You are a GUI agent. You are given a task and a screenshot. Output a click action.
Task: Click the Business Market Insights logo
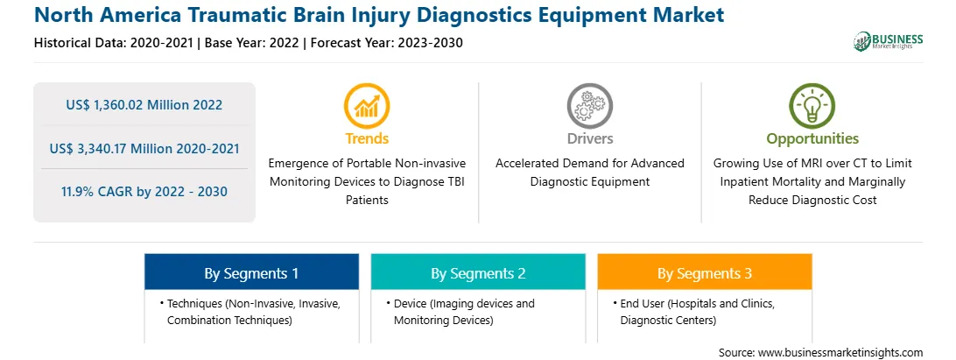point(889,41)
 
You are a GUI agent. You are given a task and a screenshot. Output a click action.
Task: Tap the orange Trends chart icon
point(367,106)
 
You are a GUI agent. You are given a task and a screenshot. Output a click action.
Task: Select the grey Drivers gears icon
point(589,106)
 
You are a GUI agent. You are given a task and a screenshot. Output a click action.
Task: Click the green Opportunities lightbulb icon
point(812,106)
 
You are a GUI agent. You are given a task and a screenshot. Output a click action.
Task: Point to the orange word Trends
point(367,138)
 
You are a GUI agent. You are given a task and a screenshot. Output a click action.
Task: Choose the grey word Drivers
point(589,138)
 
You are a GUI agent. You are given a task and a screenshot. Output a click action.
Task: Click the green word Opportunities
point(812,139)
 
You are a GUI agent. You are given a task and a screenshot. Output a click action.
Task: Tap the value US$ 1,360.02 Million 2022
point(144,104)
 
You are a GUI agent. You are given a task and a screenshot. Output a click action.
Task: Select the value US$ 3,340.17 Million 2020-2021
point(144,148)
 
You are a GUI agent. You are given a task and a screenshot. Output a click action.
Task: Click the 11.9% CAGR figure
point(144,192)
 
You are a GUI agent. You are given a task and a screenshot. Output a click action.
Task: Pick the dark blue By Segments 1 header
point(252,272)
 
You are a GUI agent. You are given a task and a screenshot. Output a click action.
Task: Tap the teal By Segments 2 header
point(478,272)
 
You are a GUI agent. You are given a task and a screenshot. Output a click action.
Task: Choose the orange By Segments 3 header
point(705,272)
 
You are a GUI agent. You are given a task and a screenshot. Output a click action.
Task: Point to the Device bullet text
point(460,311)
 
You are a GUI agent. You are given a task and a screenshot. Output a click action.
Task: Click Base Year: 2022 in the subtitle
point(252,43)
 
